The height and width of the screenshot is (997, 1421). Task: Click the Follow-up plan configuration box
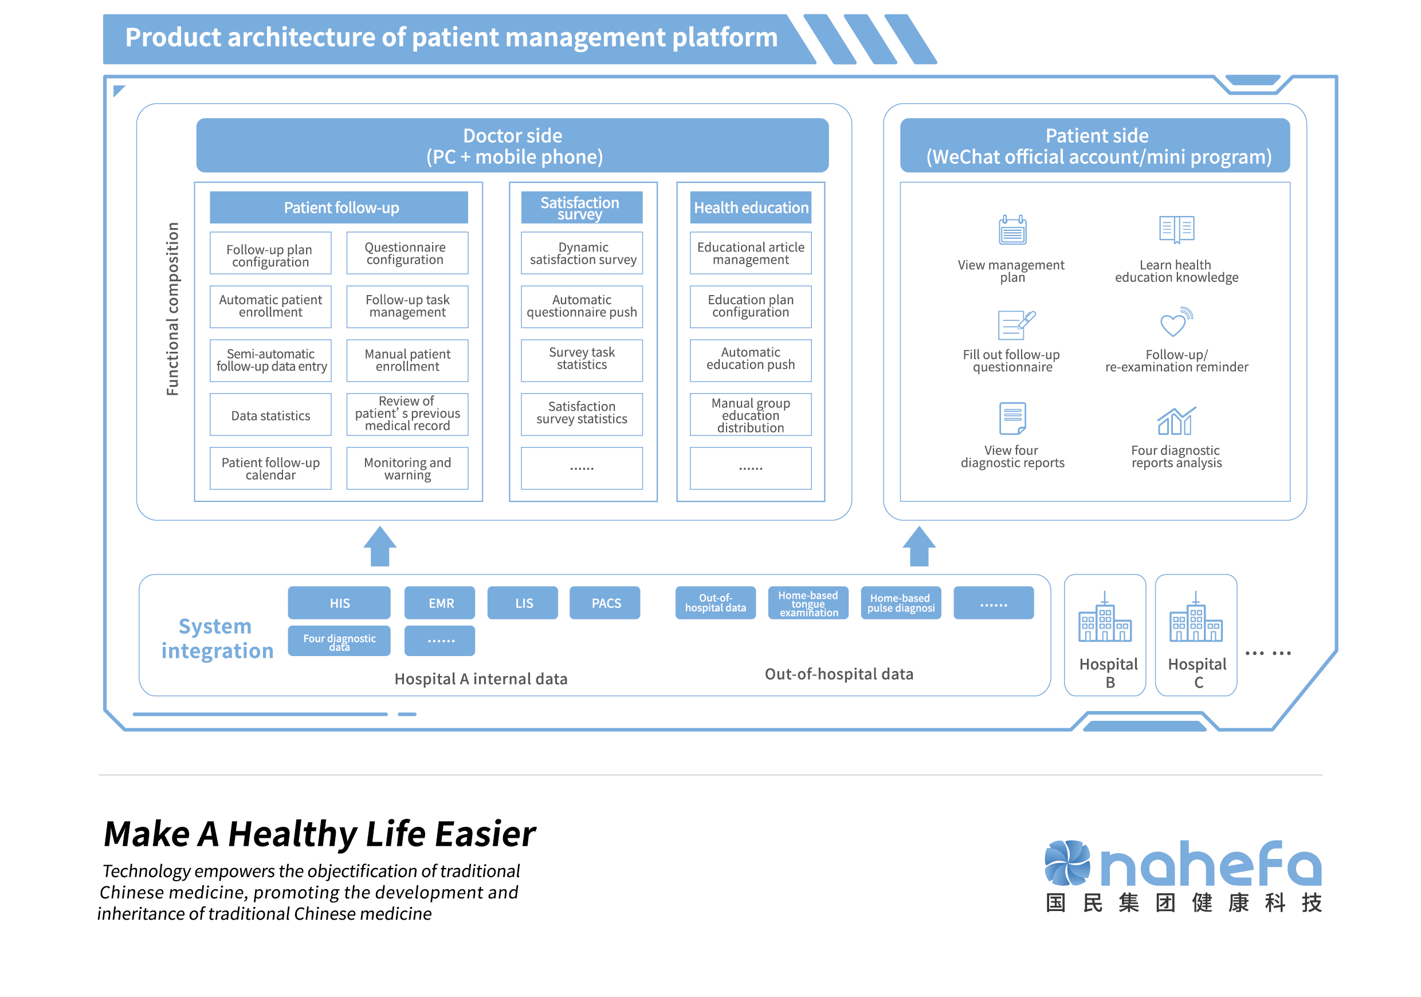270,253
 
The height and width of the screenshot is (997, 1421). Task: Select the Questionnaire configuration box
407,253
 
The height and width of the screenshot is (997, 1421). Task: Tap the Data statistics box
270,415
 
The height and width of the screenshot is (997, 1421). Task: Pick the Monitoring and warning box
407,469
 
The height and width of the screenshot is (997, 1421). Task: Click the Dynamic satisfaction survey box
582,253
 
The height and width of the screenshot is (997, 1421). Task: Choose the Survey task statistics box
582,360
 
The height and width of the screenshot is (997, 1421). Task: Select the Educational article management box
750,253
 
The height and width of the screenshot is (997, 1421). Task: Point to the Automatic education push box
750,360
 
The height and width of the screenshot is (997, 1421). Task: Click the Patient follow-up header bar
339,207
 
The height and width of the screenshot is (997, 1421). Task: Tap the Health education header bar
750,207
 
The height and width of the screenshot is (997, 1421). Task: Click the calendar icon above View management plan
1012,230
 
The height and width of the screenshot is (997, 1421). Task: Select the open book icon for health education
1176,230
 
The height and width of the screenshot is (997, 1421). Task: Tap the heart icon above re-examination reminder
1175,323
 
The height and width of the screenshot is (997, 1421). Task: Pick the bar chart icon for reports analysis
1176,421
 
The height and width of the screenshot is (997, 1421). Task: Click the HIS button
339,603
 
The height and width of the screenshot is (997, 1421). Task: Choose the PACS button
605,603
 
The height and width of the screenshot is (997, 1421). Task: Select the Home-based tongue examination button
808,603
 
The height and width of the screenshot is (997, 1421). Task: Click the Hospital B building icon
1105,618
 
